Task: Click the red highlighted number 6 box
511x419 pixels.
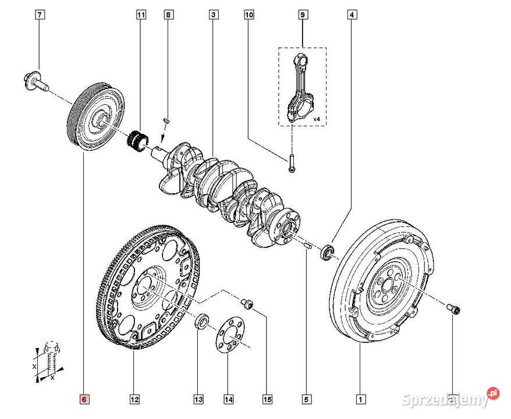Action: pyautogui.click(x=84, y=399)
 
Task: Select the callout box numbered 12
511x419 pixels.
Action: pyautogui.click(x=134, y=399)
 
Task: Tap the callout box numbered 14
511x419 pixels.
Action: pyautogui.click(x=229, y=399)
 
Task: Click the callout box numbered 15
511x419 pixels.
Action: pyautogui.click(x=267, y=399)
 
